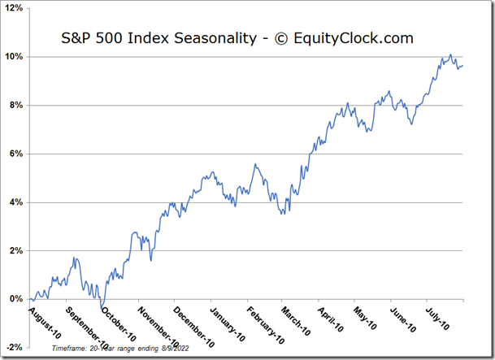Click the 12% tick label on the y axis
(x=14, y=9)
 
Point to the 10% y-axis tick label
(x=14, y=57)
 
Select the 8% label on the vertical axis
(x=15, y=106)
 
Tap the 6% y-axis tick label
(x=15, y=154)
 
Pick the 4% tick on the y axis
(x=15, y=202)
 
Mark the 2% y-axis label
(x=15, y=250)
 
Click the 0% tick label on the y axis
(x=15, y=299)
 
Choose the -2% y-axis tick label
(x=14, y=347)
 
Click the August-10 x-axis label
(x=46, y=319)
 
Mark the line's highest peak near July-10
(x=450, y=54)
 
